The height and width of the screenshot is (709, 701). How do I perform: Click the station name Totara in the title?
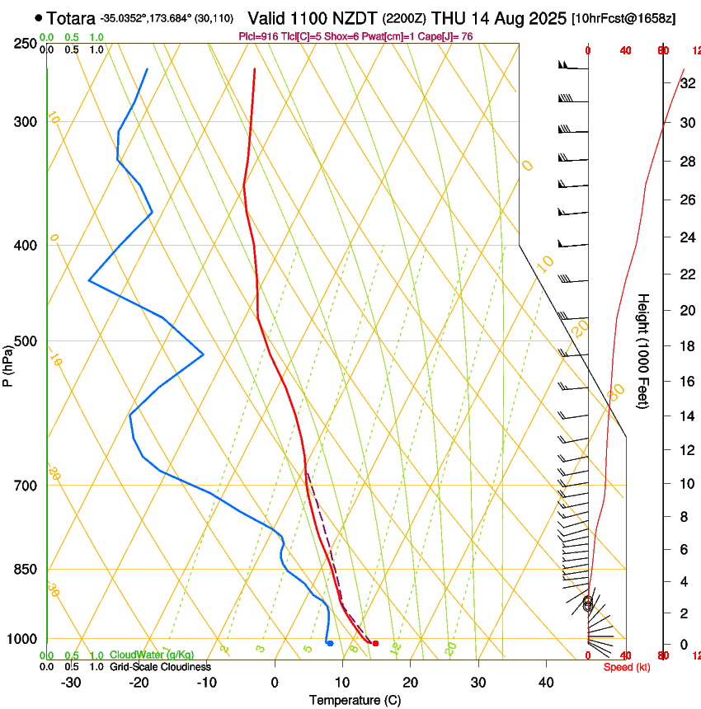tap(71, 17)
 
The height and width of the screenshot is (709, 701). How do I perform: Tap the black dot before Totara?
tap(39, 17)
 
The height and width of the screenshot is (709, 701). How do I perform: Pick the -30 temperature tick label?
tap(71, 683)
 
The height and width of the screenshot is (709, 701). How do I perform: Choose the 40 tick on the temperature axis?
tap(546, 683)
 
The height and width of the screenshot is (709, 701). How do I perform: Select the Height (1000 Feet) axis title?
tap(644, 350)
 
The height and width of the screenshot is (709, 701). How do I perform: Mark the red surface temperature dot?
tap(375, 643)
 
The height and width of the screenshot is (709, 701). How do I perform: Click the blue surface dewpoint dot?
tap(330, 643)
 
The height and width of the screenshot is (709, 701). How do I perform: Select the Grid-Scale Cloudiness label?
tap(160, 666)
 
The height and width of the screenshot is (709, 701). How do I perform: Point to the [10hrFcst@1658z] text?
tap(623, 18)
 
